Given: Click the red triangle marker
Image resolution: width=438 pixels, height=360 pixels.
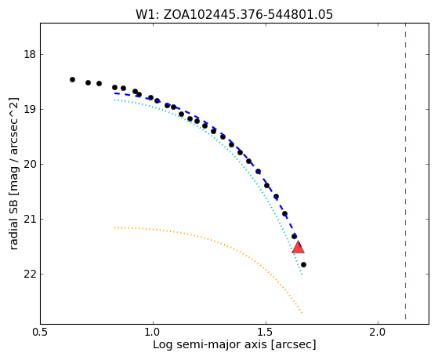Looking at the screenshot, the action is (298, 247).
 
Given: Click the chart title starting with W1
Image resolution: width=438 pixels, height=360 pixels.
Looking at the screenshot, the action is (234, 15).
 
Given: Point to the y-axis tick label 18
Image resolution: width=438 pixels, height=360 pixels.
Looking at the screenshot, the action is (30, 55).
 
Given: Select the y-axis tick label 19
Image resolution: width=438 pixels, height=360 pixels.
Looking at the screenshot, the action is (30, 109).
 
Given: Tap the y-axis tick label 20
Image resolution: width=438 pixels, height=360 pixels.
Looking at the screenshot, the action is (30, 164).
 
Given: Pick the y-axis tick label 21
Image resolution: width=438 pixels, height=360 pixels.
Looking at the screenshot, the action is (30, 219).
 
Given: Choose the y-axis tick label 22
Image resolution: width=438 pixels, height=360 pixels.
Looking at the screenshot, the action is (30, 275).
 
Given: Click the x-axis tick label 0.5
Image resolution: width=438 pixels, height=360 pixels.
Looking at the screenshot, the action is (41, 333).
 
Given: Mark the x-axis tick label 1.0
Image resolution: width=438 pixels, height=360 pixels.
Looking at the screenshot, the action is (153, 333).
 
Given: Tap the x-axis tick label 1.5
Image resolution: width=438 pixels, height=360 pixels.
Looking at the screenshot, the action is (266, 333).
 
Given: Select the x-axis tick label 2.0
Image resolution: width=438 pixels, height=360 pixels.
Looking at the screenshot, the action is (378, 333).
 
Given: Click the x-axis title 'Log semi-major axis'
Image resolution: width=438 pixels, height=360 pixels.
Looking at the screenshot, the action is (210, 344).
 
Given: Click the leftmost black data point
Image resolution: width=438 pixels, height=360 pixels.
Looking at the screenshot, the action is (72, 80).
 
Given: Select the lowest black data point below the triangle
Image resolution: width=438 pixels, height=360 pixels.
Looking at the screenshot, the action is (304, 264).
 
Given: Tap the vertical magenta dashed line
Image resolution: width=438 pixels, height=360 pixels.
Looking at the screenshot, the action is (405, 172).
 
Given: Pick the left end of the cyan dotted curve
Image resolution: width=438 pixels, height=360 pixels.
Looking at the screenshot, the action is (114, 100).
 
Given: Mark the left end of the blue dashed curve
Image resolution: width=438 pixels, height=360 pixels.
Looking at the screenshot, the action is (114, 93).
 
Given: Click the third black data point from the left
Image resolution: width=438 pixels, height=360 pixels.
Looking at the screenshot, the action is (99, 84).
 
